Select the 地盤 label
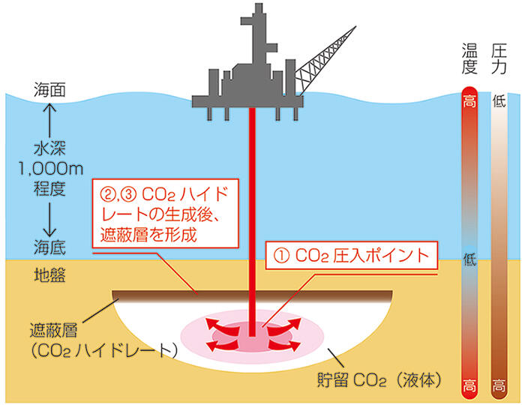click(51, 274)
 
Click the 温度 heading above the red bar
click(469, 61)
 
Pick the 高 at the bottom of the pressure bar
click(499, 387)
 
